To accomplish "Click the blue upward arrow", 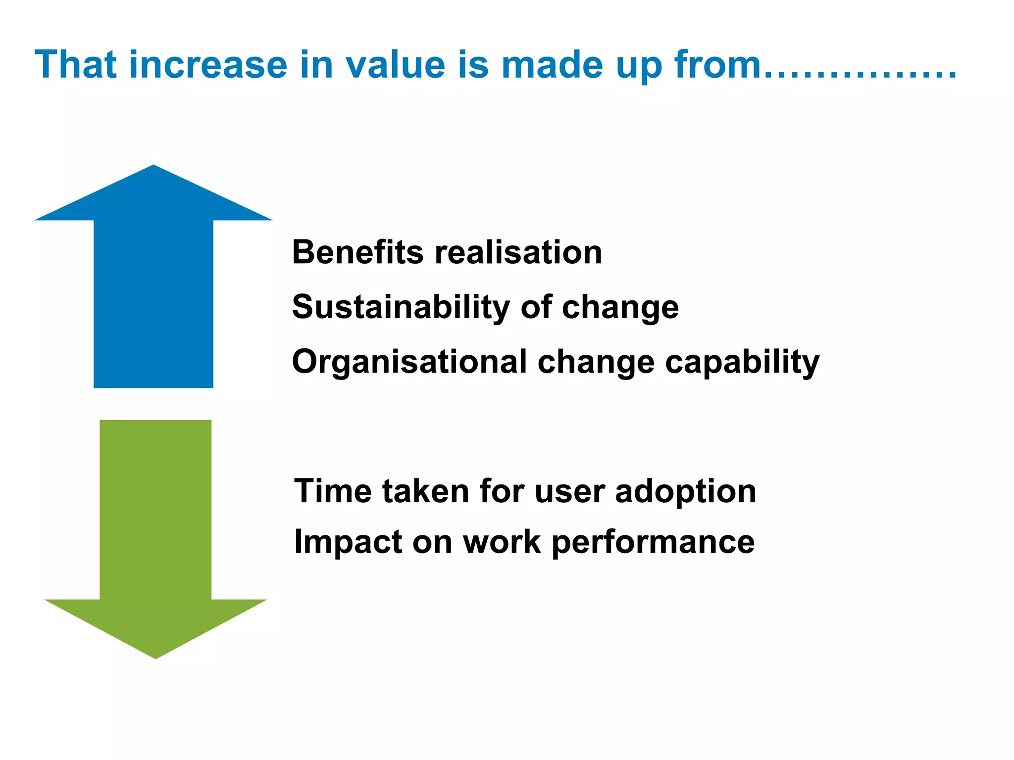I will [x=153, y=297].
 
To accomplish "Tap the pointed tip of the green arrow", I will [x=155, y=655].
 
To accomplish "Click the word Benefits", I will [x=357, y=252].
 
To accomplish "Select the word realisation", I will [x=518, y=252].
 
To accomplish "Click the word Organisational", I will [x=409, y=362].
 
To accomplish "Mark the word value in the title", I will [x=395, y=65].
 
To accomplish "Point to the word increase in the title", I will [x=208, y=65].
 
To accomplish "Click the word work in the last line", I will [x=502, y=542].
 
